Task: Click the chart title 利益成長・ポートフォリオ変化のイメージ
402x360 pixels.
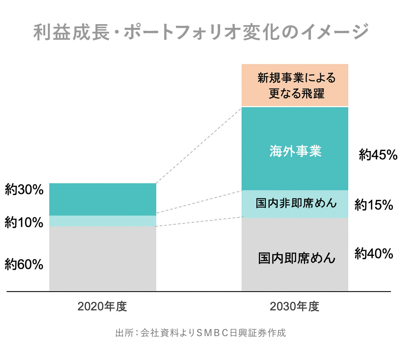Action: pos(201,32)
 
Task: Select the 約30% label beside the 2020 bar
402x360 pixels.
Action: pos(24,190)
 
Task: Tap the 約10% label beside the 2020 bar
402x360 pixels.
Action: pos(24,222)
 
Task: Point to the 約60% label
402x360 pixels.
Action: pos(24,265)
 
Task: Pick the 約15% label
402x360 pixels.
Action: pos(374,205)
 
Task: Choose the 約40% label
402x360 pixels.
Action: pos(374,254)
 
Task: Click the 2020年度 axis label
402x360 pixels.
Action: pos(102,306)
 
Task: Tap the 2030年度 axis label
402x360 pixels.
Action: pos(294,306)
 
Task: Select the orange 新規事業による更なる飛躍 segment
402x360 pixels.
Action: pos(295,85)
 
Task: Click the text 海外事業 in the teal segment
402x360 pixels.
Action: pos(295,152)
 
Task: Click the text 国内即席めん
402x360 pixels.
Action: pos(296,258)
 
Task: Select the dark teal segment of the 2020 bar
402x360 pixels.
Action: pos(103,199)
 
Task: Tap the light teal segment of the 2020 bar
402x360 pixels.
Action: pos(103,221)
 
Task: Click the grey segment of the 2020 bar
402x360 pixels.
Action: pos(103,258)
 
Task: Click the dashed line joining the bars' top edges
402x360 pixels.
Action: pos(199,145)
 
